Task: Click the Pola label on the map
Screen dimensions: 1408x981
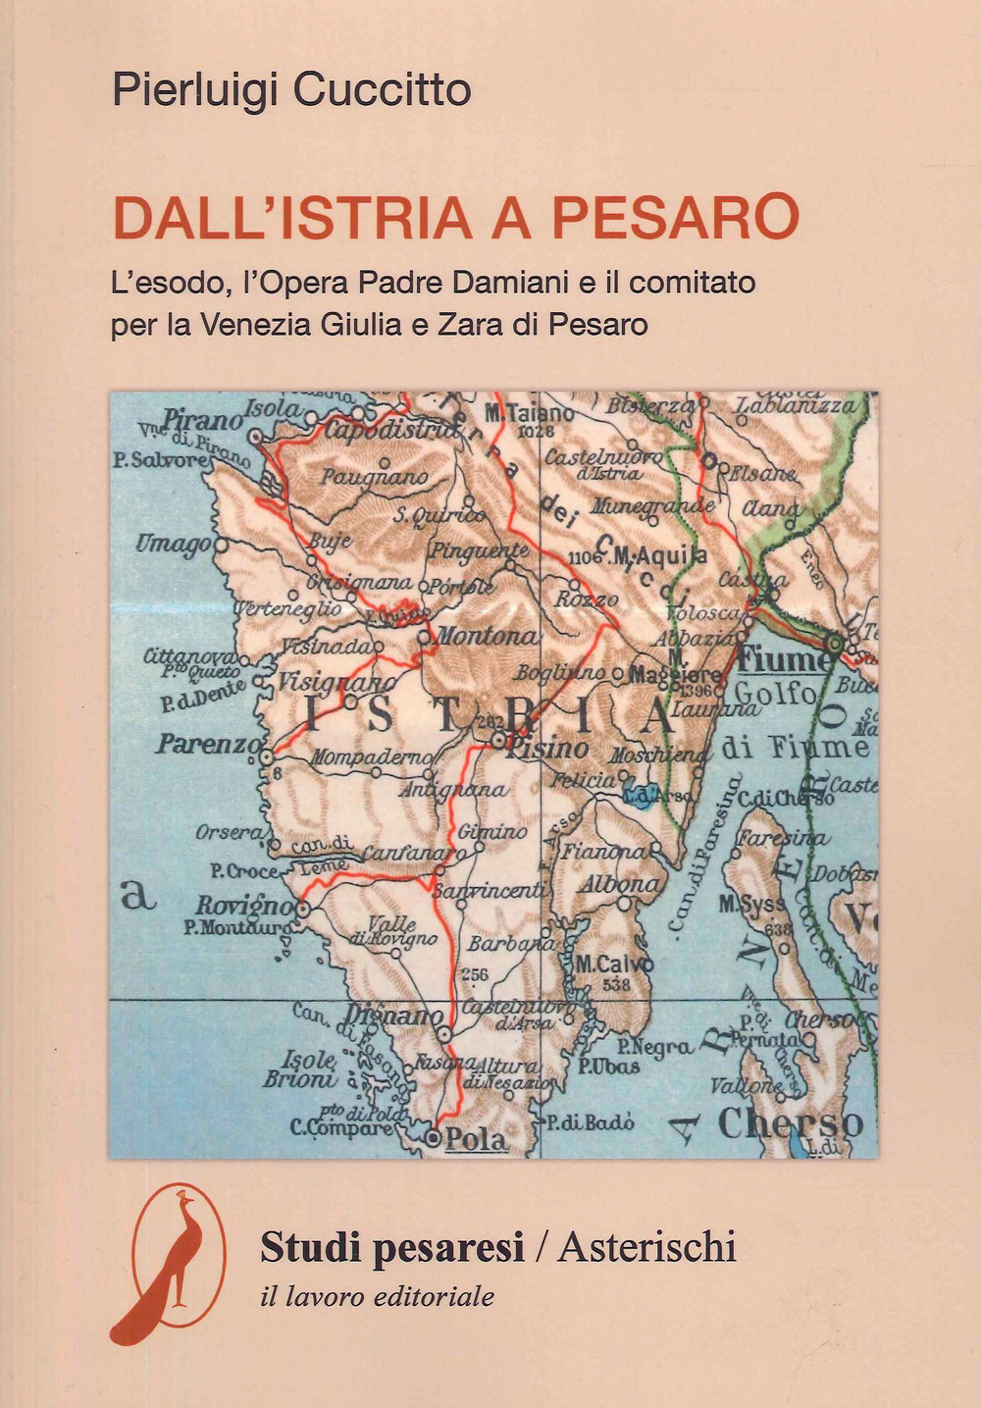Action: [x=476, y=1139]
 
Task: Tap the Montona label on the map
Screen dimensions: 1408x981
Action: [x=487, y=636]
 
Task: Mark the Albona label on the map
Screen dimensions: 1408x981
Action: [x=620, y=884]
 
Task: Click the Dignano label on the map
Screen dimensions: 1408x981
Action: [x=394, y=1017]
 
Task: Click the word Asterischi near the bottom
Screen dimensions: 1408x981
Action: [x=646, y=1247]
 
